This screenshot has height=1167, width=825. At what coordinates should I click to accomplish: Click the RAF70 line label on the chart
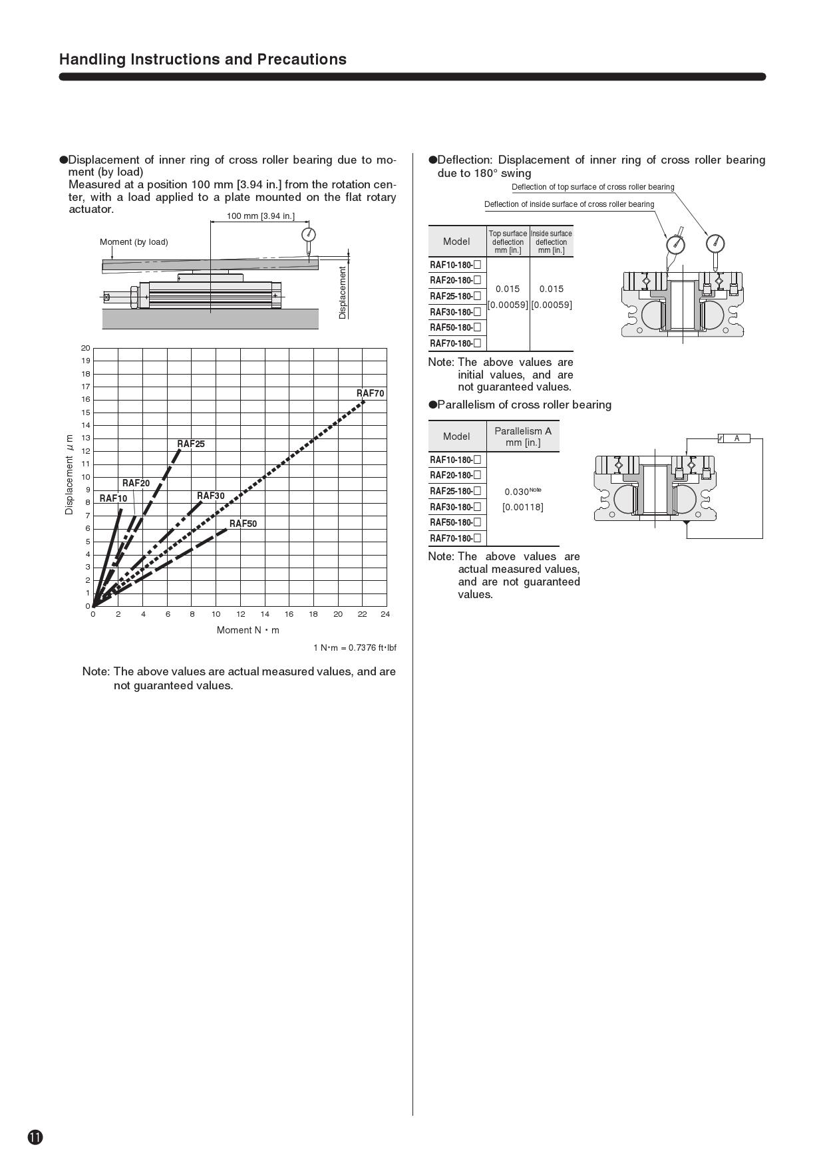coord(371,393)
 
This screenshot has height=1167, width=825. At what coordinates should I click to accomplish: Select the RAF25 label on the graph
coord(191,444)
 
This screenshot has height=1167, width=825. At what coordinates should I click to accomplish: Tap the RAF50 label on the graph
coord(243,524)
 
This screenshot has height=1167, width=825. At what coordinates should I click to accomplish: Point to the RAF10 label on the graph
coord(113,498)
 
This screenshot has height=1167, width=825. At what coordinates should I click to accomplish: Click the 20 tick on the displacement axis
coord(85,348)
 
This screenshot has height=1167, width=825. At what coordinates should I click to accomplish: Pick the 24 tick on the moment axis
coord(385,614)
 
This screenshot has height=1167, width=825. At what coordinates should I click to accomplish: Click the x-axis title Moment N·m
coord(247,630)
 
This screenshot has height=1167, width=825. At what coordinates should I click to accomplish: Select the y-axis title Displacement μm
coord(69,474)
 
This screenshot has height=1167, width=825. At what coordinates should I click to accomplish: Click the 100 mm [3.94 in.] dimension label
coord(260,216)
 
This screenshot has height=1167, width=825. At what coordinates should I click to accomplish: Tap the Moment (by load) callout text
coord(134,242)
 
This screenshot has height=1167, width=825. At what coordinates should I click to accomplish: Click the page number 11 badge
coord(35,1137)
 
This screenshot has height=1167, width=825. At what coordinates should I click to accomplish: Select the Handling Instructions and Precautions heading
coord(203,59)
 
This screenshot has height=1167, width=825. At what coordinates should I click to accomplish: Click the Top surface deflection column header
coord(508,242)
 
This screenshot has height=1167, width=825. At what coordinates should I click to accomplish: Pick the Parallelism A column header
coord(523,436)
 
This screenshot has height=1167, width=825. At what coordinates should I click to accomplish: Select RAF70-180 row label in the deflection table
coord(455,343)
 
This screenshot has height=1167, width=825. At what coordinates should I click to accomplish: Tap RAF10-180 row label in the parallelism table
coord(455,460)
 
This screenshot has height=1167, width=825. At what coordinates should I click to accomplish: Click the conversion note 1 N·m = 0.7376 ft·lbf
coord(355,647)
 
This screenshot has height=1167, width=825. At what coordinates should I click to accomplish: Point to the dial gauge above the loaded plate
coord(308,235)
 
